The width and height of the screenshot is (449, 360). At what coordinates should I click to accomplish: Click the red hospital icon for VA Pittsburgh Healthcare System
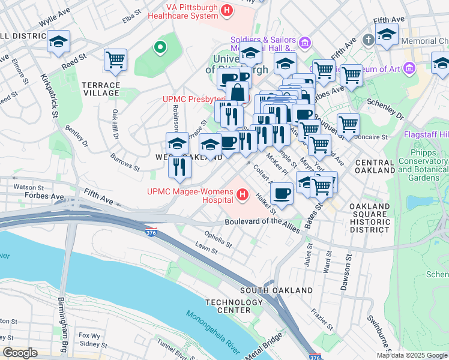click(x=227, y=10)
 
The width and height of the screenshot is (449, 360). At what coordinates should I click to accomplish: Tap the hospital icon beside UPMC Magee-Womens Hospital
click(x=243, y=194)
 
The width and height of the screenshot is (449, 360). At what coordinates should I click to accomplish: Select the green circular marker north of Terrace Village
click(x=160, y=47)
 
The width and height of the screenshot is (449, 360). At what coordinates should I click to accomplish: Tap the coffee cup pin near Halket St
click(x=282, y=193)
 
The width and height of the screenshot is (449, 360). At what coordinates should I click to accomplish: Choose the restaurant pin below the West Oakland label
click(x=179, y=166)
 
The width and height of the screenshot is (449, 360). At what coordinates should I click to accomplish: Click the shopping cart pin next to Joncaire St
click(x=348, y=124)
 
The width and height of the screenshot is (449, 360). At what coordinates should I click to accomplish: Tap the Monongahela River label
click(x=212, y=332)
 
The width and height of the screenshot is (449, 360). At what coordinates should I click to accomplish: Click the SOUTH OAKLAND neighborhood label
click(x=276, y=290)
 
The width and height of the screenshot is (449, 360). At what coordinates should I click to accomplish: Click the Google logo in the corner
click(x=20, y=352)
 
